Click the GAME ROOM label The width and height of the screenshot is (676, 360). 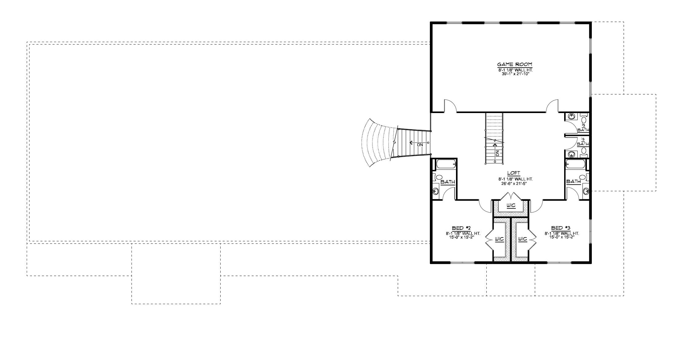515,65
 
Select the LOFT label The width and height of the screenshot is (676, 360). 514,173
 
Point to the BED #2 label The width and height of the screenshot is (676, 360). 462,228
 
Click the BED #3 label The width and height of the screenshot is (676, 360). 561,228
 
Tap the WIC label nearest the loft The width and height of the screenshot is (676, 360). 511,205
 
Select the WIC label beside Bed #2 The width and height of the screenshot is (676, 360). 499,239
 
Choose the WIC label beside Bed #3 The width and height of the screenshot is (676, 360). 522,239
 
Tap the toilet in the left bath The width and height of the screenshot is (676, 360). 438,178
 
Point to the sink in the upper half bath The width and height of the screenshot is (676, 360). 572,116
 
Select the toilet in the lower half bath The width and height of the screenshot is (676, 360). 584,151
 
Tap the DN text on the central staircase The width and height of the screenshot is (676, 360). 497,153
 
